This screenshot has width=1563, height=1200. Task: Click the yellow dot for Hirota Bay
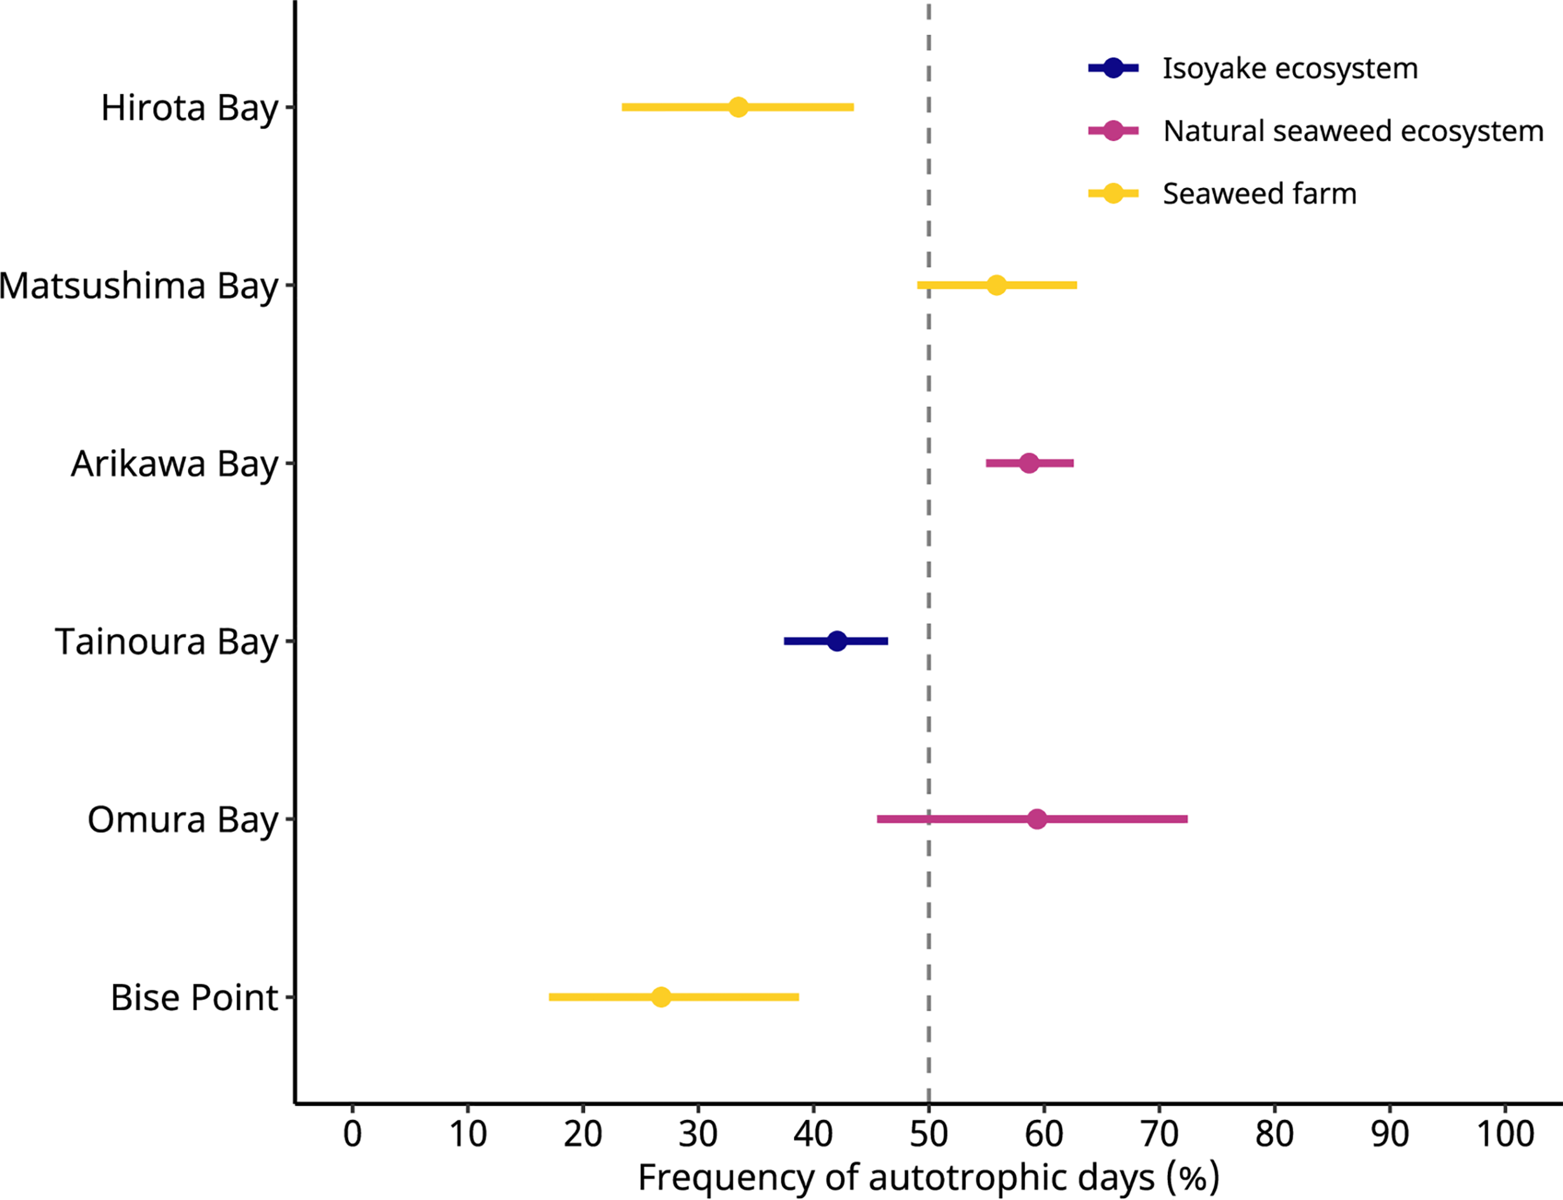(738, 107)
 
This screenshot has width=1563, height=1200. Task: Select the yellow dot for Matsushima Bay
(996, 285)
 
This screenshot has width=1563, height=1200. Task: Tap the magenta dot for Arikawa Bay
(1028, 463)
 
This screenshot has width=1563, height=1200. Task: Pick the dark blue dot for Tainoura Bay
(837, 641)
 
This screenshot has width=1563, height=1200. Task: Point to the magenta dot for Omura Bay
(1037, 819)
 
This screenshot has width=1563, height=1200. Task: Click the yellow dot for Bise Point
(661, 996)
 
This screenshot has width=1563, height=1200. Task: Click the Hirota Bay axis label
(189, 108)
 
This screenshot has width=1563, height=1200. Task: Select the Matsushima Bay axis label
(139, 286)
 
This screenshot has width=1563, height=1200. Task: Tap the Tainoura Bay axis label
(166, 641)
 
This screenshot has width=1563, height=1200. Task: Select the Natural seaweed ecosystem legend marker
(1113, 131)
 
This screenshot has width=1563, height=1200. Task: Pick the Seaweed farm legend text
(1259, 194)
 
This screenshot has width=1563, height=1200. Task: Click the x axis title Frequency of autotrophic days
(928, 1177)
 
